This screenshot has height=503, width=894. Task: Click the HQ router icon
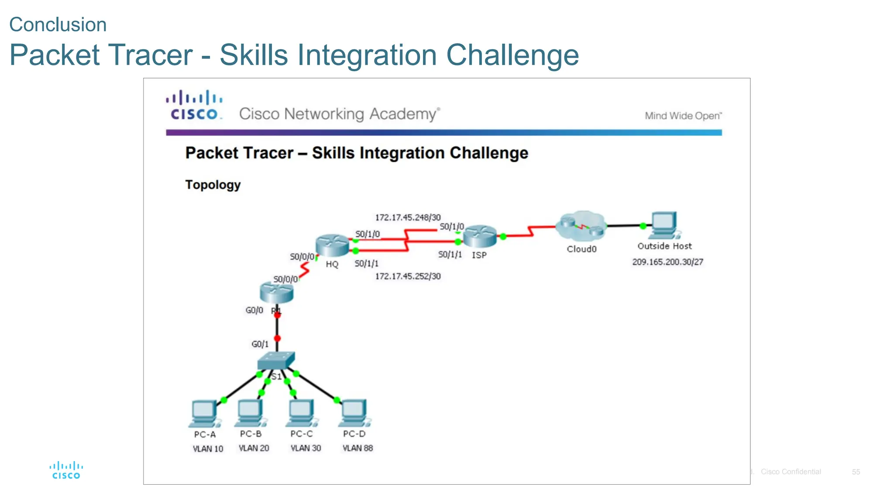pos(332,245)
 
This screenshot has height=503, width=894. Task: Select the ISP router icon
pos(480,236)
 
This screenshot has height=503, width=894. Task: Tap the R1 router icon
pos(276,292)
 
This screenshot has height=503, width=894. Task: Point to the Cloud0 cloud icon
pos(581,227)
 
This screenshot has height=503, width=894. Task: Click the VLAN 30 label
pos(306,448)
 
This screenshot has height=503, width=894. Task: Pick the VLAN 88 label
pos(358,448)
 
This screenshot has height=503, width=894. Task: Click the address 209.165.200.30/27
pos(667,262)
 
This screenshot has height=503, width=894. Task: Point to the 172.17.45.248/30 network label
pos(408,217)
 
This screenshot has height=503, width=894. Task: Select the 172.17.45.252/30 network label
pos(408,276)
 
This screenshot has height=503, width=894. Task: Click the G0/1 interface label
pos(260,344)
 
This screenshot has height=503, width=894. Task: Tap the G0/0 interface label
pos(254,310)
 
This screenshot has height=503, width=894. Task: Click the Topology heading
pos(213,185)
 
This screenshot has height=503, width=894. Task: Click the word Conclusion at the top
pos(58,24)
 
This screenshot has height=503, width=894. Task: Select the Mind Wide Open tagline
pos(683,116)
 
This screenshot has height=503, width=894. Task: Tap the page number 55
pos(856,472)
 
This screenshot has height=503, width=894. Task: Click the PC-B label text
pos(251,434)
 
